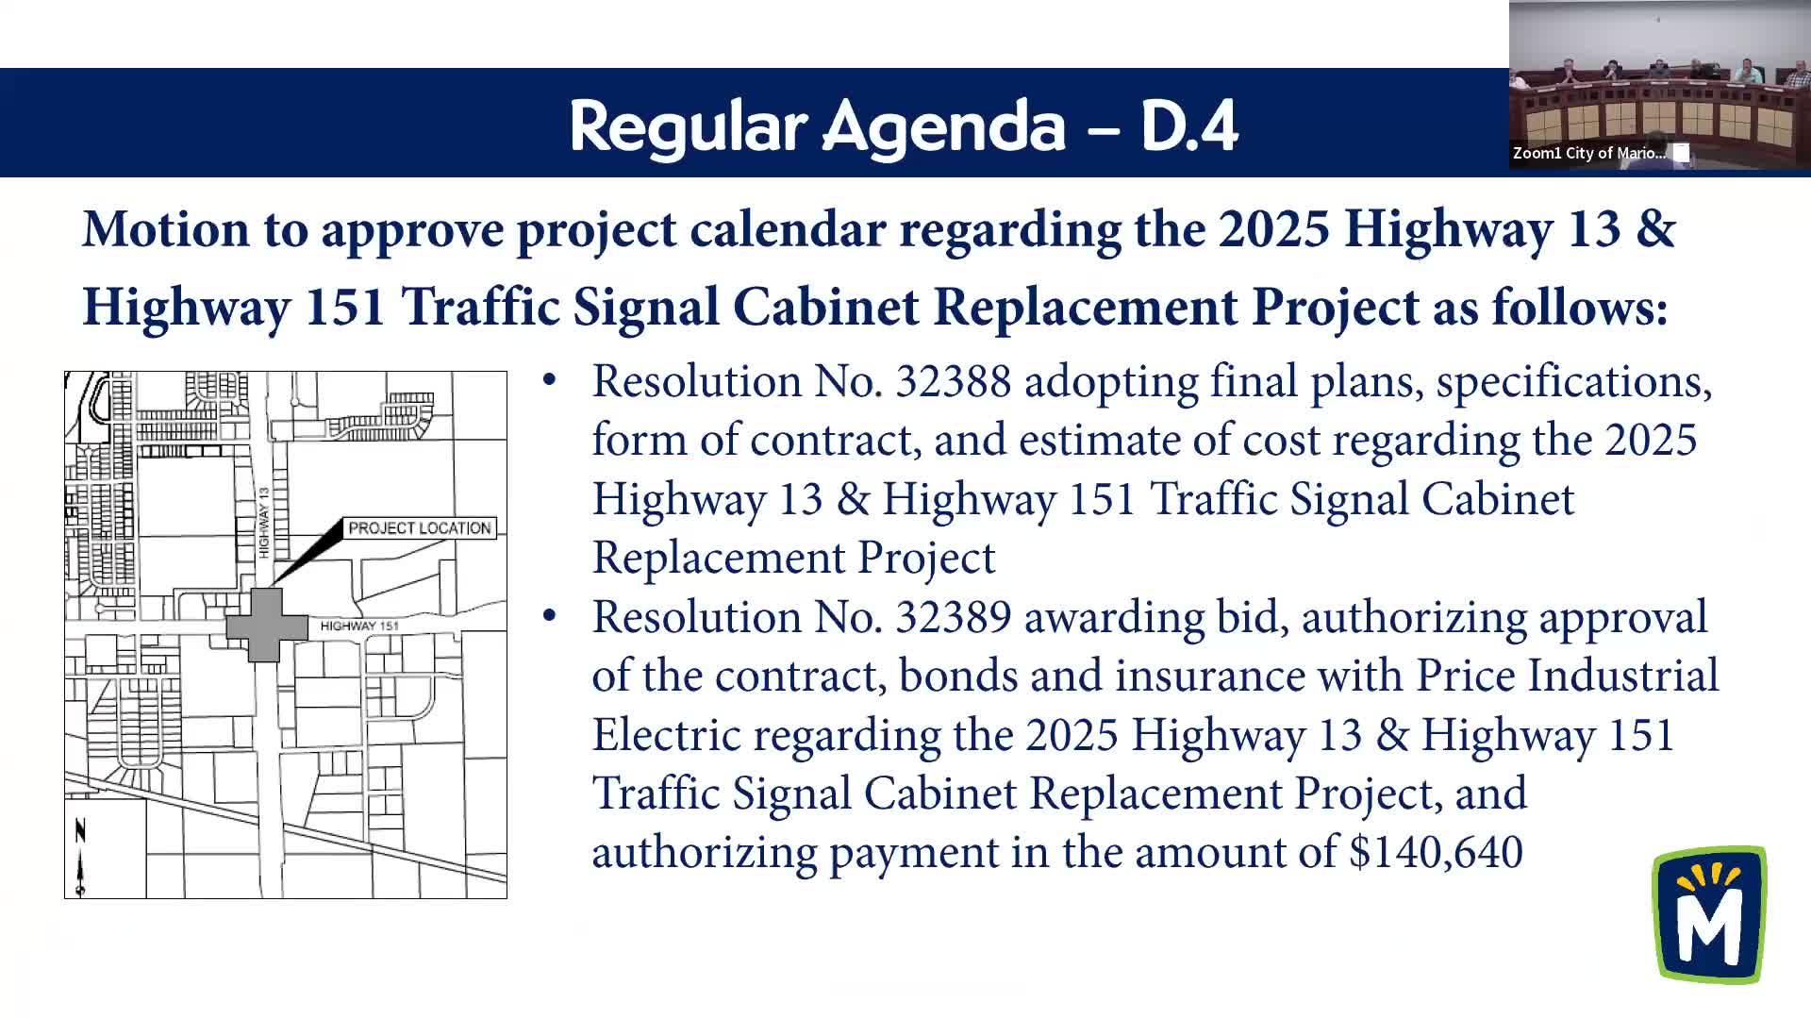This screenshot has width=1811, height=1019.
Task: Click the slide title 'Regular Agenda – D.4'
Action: [x=903, y=125]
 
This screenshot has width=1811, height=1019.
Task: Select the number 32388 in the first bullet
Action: [x=953, y=382]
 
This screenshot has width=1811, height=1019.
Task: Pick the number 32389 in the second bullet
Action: [x=953, y=618]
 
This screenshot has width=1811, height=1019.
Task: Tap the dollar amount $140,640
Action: [x=1436, y=853]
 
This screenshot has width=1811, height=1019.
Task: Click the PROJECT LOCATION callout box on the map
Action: [x=420, y=528]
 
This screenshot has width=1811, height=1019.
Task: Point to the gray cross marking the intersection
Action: [x=267, y=625]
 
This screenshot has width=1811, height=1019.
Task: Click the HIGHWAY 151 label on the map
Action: [x=359, y=626]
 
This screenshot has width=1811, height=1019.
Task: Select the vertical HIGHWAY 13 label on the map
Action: [x=265, y=522]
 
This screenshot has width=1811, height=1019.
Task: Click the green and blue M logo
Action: [x=1709, y=914]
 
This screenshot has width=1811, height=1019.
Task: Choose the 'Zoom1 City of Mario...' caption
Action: [x=1589, y=153]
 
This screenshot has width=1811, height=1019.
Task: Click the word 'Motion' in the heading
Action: [x=165, y=229]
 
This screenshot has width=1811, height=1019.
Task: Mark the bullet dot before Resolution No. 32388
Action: [x=549, y=381]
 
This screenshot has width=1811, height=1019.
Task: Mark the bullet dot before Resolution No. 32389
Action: [x=549, y=617]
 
